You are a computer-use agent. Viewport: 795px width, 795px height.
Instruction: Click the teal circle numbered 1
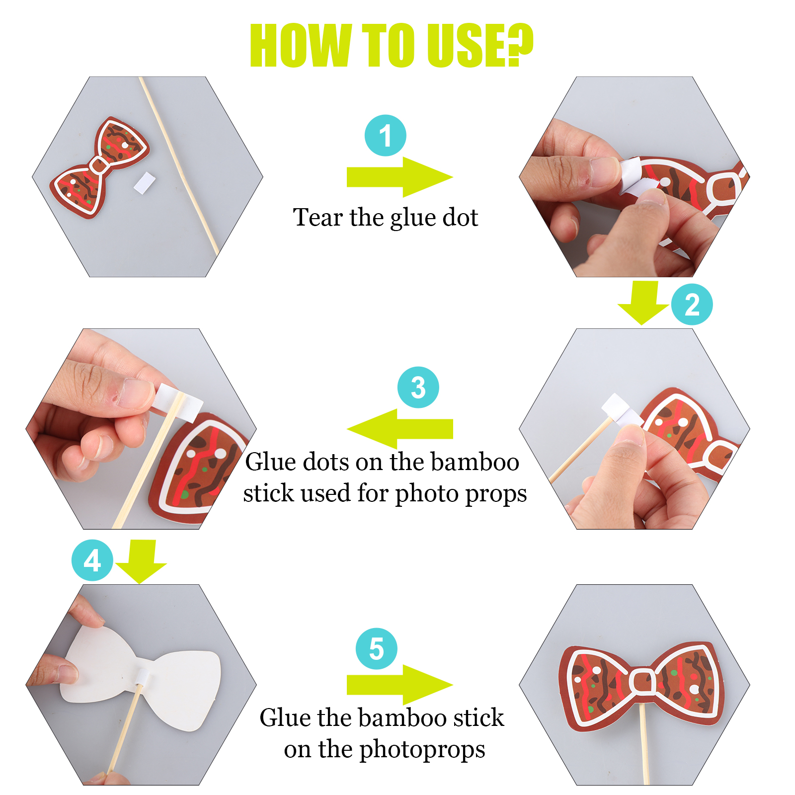(385, 136)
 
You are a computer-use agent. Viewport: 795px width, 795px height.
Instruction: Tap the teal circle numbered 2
(692, 305)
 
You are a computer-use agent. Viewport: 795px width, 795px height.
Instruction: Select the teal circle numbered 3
(418, 388)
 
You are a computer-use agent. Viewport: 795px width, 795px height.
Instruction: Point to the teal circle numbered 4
(92, 560)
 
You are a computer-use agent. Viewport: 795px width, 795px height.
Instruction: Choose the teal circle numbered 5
(376, 648)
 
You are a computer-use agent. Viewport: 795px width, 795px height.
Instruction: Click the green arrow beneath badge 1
(399, 177)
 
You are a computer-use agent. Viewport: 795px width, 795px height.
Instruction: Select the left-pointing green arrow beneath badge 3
(399, 429)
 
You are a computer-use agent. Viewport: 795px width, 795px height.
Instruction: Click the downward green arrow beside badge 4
(141, 562)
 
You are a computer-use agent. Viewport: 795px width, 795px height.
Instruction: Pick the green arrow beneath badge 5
(399, 685)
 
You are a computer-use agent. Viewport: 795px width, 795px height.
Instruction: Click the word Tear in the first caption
(318, 217)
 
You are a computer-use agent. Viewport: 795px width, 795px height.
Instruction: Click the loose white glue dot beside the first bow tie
(145, 183)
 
